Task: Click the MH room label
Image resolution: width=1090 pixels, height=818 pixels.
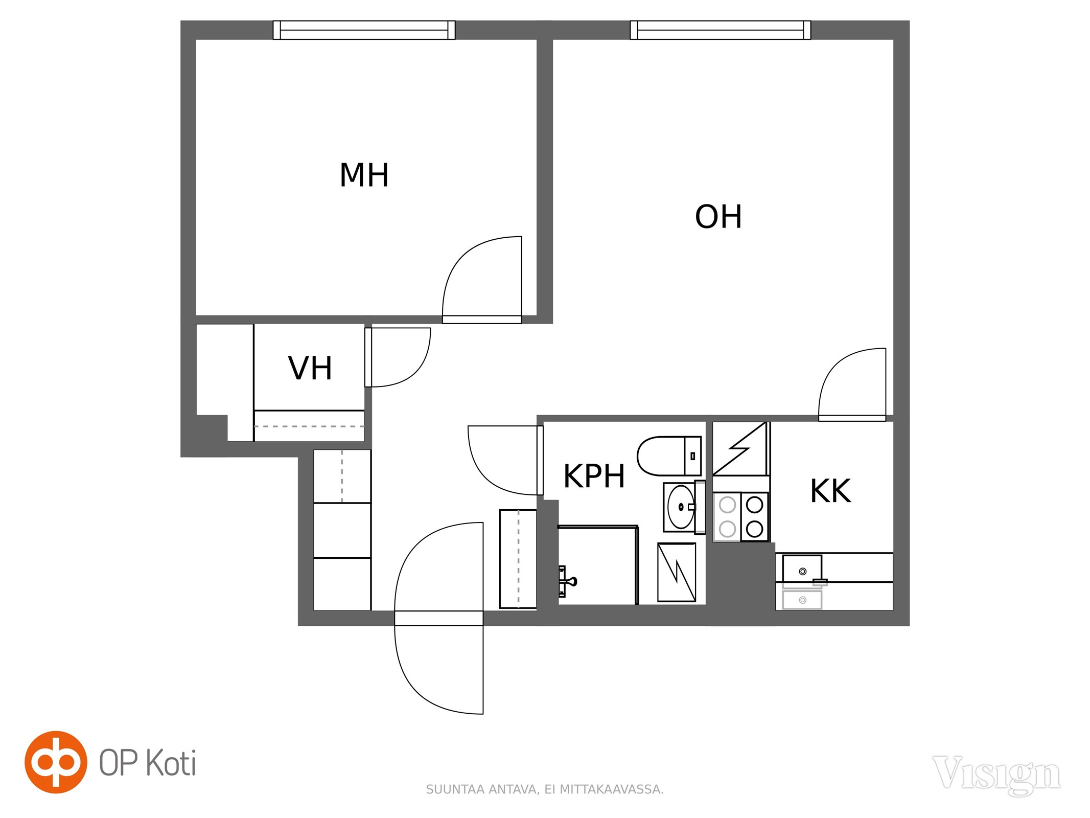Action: [364, 175]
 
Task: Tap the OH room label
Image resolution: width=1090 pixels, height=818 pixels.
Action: [718, 217]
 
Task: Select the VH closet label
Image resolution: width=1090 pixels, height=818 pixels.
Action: [310, 368]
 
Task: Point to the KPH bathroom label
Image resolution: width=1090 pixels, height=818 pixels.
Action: [594, 476]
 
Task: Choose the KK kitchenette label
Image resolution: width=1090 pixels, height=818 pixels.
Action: [830, 491]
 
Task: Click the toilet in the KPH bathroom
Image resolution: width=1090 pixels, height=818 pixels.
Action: [669, 456]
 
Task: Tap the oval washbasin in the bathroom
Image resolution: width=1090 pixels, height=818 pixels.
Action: [681, 507]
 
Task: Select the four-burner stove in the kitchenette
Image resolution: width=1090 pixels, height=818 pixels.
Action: [741, 517]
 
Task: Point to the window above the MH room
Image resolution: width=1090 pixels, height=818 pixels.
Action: [364, 30]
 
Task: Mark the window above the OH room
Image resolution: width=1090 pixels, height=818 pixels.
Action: [721, 30]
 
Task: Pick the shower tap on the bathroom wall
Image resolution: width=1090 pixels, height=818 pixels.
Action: [567, 581]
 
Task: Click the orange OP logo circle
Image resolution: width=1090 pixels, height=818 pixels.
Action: [56, 762]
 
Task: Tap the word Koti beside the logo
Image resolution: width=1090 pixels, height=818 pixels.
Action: [171, 763]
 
